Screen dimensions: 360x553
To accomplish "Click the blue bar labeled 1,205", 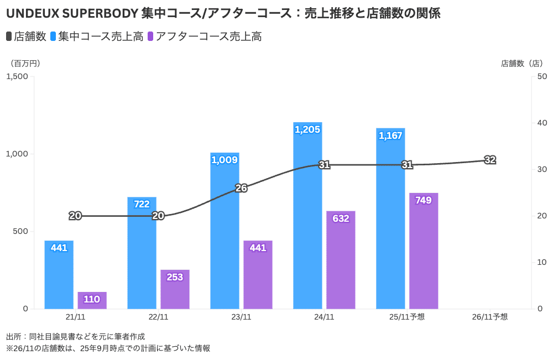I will click(x=307, y=216).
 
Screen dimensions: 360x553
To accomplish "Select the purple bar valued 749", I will click(x=424, y=251).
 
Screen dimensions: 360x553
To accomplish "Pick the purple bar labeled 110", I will click(x=92, y=300).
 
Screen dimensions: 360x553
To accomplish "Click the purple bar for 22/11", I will click(x=175, y=289).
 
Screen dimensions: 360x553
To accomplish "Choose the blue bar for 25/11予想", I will click(x=390, y=218).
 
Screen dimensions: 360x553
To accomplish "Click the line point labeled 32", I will click(x=490, y=160).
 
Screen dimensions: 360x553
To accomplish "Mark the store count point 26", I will click(x=241, y=188).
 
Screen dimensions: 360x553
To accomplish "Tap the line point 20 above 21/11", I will click(x=75, y=216).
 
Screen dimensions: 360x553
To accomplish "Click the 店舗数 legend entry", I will click(x=26, y=37).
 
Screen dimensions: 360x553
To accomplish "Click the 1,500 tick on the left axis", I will click(x=17, y=76).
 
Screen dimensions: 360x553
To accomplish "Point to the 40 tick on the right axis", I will click(x=542, y=123).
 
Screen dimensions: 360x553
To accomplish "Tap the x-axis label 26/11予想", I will click(x=490, y=317).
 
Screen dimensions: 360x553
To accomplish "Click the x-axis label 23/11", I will click(x=241, y=317).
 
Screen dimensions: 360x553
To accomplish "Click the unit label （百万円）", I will click(x=24, y=64).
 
